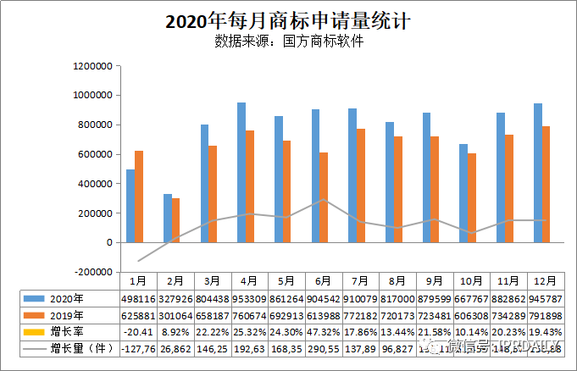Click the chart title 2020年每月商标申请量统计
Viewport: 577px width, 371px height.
pos(288,21)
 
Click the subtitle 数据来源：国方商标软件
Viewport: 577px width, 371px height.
pos(288,41)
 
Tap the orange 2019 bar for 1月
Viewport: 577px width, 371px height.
pos(139,197)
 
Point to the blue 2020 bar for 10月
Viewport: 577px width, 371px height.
pos(463,193)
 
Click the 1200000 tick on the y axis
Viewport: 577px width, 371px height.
pos(93,66)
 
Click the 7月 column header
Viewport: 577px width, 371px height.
pos(359,280)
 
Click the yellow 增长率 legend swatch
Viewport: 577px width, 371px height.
pos(35,331)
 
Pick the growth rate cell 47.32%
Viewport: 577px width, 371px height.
pos(322,331)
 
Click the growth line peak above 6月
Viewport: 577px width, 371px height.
pos(322,200)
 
